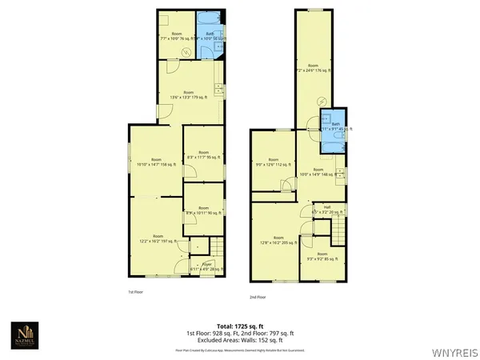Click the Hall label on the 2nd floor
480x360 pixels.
click(x=326, y=210)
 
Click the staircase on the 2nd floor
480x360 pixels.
click(x=340, y=233)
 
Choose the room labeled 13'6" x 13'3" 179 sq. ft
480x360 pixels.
click(x=189, y=94)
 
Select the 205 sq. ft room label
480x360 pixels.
click(x=278, y=240)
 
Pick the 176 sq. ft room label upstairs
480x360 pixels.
click(x=313, y=68)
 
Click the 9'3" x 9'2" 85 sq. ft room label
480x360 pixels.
click(x=322, y=257)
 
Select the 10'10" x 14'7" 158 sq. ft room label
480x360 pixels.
click(x=156, y=162)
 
